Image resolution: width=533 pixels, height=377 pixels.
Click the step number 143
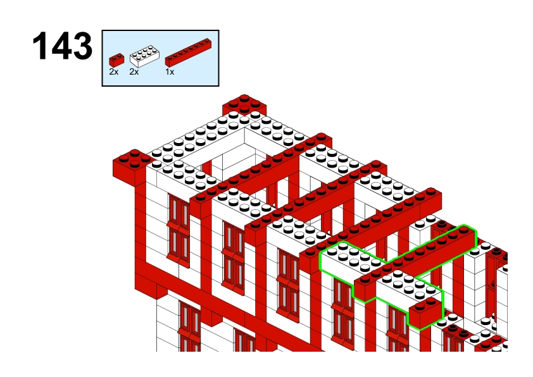pos(62,46)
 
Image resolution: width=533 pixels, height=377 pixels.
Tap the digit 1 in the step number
pos(40,46)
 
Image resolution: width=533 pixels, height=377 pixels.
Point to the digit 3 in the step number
pos(82,46)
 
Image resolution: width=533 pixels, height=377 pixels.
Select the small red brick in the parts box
pos(116,60)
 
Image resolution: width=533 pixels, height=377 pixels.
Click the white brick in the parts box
pos(144,56)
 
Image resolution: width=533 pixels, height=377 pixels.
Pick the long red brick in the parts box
pos(188,53)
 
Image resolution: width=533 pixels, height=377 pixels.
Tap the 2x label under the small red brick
pos(114,72)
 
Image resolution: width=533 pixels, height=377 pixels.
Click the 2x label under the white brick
pos(134,72)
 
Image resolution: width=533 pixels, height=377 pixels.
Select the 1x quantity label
pos(170,72)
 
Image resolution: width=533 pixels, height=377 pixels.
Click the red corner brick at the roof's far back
pos(244,104)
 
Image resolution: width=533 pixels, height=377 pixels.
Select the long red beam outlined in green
pos(415,261)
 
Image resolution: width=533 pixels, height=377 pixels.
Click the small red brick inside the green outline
pos(425,312)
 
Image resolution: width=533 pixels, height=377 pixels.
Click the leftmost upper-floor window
pos(178,230)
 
